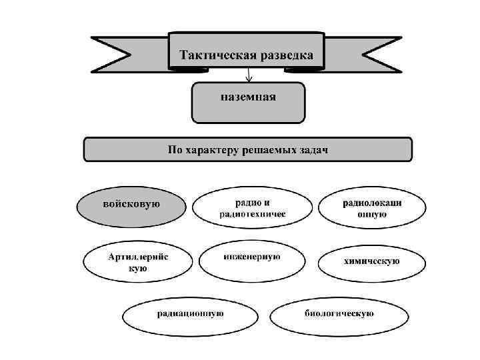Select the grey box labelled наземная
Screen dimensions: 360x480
pyautogui.click(x=248, y=102)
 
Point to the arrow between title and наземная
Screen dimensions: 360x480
pyautogui.click(x=248, y=75)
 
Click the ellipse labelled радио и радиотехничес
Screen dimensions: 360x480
pyautogui.click(x=251, y=207)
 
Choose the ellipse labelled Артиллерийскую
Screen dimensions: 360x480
pyautogui.click(x=137, y=263)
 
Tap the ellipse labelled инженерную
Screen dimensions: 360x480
pyautogui.click(x=251, y=257)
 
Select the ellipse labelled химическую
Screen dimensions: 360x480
pyautogui.click(x=371, y=261)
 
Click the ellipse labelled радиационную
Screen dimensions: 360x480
pyautogui.click(x=190, y=313)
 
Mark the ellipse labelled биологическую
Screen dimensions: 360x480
pyautogui.click(x=339, y=313)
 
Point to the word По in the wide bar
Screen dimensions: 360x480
pyautogui.click(x=174, y=149)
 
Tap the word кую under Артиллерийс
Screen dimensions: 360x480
pyautogui.click(x=137, y=269)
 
